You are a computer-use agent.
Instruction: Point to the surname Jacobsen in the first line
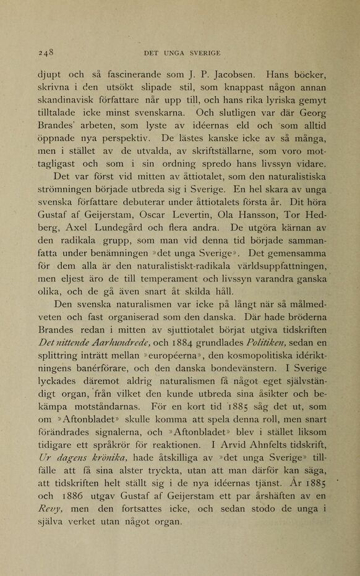click(226, 79)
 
